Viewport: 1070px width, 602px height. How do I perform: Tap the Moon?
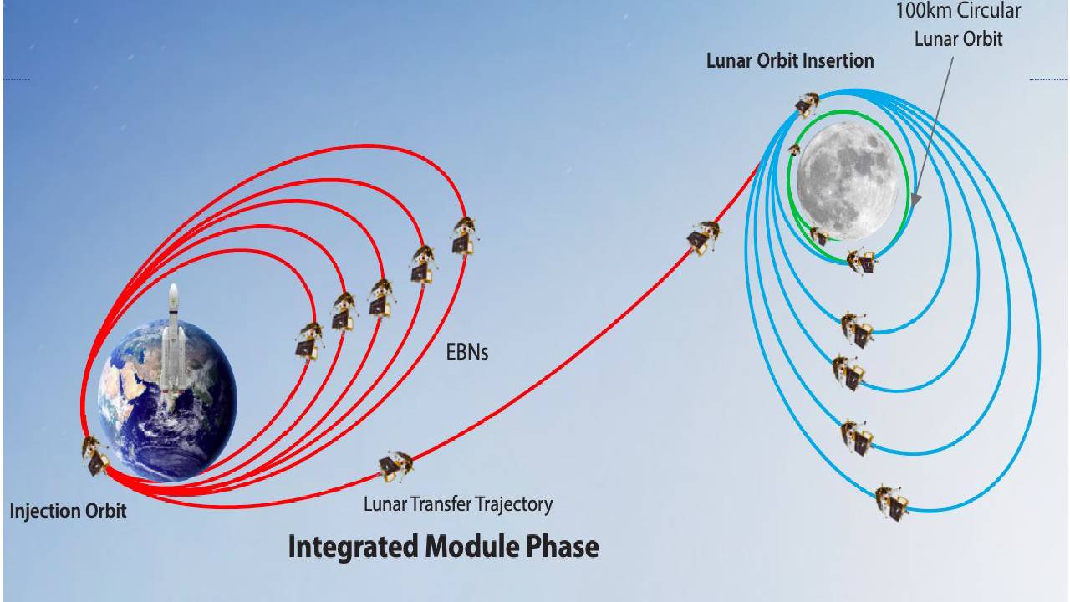pyautogui.click(x=847, y=180)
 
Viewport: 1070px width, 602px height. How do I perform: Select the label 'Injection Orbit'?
pyautogui.click(x=68, y=511)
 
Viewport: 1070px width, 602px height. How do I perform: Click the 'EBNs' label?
pyautogui.click(x=467, y=352)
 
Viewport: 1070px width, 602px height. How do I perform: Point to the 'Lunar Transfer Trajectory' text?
pyautogui.click(x=457, y=504)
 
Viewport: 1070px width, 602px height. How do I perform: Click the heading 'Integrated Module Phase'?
pyautogui.click(x=443, y=547)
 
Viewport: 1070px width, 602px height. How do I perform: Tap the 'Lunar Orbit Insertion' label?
pyautogui.click(x=789, y=61)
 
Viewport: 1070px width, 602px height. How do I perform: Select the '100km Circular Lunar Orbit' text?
pyautogui.click(x=958, y=25)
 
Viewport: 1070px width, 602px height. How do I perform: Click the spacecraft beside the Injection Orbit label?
pyautogui.click(x=95, y=456)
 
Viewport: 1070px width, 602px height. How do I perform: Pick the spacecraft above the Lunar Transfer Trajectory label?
pyautogui.click(x=395, y=466)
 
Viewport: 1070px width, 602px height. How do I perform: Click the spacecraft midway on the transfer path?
pyautogui.click(x=704, y=237)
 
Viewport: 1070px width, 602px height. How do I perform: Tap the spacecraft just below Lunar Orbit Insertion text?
pyautogui.click(x=808, y=104)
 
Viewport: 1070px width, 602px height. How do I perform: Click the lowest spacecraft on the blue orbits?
pyautogui.click(x=892, y=502)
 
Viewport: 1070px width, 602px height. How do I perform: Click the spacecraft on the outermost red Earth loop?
pyautogui.click(x=464, y=235)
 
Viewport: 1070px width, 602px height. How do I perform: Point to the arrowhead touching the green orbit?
pyautogui.click(x=914, y=200)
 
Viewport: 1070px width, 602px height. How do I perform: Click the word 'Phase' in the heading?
pyautogui.click(x=559, y=547)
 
